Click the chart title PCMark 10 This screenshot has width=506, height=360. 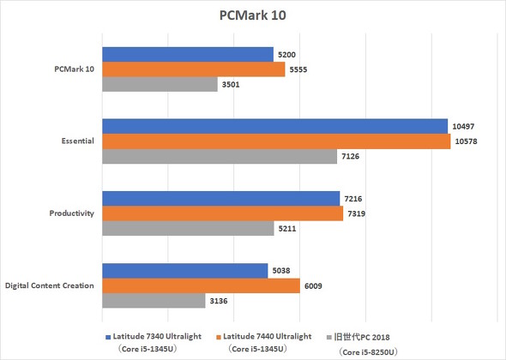(x=253, y=16)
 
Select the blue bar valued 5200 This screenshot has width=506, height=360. (x=188, y=54)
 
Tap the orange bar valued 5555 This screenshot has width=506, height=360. (x=194, y=69)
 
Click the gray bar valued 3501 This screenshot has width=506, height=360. (x=160, y=85)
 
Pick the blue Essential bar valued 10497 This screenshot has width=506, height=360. (x=275, y=126)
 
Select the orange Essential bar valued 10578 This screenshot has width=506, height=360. (x=277, y=141)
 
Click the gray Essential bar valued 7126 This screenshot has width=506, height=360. (x=220, y=157)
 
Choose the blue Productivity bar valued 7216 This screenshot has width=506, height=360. (x=221, y=199)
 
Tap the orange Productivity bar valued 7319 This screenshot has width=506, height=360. (x=223, y=214)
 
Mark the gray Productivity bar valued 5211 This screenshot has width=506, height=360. (x=188, y=229)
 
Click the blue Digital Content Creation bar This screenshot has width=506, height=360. (x=185, y=271)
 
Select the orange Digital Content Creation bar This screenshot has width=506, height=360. (x=202, y=286)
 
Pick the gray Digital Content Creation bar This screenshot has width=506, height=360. (x=154, y=301)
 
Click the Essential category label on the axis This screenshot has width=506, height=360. (x=75, y=141)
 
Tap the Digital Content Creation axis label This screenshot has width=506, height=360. (x=50, y=285)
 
